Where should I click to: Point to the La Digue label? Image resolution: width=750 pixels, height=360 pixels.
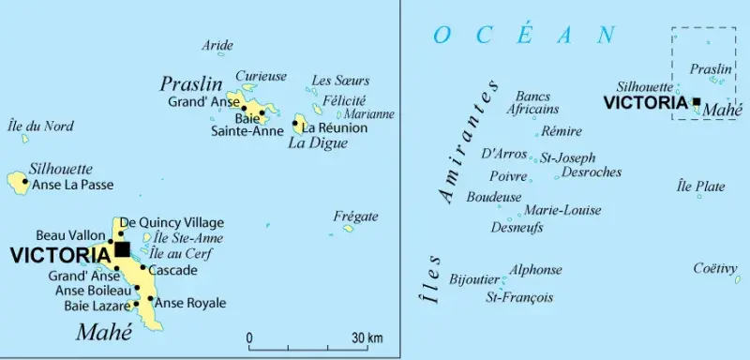(x=317, y=143)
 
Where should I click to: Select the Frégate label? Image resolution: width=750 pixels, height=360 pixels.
(x=355, y=217)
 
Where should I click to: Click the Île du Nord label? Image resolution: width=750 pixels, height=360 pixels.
(x=39, y=127)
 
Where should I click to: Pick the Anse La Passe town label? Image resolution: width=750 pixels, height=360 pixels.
(x=71, y=185)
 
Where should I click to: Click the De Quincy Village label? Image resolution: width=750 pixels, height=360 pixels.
(x=172, y=222)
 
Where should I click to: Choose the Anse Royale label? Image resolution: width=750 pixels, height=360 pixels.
(x=189, y=303)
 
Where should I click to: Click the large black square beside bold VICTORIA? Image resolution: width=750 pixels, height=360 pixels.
(x=122, y=249)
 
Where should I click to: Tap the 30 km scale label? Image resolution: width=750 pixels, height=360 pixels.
(x=367, y=337)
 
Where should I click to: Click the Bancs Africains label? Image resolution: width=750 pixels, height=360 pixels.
(x=532, y=102)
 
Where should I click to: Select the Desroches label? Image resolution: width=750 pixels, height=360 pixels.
(x=592, y=172)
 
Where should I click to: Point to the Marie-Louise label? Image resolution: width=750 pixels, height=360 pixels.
(x=562, y=210)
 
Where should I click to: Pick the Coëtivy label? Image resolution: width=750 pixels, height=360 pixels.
(x=716, y=268)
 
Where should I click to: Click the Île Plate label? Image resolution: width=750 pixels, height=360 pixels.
(x=700, y=187)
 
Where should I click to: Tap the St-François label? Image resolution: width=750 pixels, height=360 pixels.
(x=518, y=298)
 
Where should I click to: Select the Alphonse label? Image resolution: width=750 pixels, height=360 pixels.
(x=535, y=270)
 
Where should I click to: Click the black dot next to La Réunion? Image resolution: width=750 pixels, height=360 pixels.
(x=296, y=123)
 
